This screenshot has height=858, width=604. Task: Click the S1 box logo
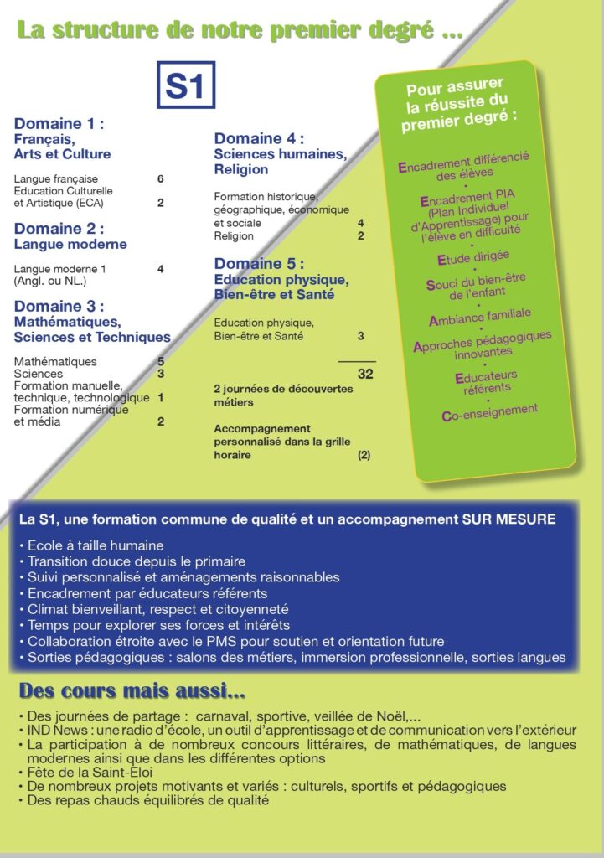tap(186, 85)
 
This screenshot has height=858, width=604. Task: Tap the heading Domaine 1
tap(59, 124)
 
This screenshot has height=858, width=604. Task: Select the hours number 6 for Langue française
tap(160, 179)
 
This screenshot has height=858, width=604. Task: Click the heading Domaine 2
tap(59, 229)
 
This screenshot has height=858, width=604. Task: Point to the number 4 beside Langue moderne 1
tap(160, 269)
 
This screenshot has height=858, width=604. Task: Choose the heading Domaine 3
tap(59, 307)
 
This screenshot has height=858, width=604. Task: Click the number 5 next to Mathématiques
tap(160, 361)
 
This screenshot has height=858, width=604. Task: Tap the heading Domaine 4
tap(259, 138)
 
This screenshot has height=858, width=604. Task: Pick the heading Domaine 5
tap(259, 264)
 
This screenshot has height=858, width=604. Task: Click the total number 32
tap(365, 374)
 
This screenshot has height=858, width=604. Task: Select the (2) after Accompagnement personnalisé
tap(364, 455)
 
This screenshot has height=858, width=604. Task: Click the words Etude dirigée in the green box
tap(473, 257)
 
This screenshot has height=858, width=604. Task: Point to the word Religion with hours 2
tap(234, 236)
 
